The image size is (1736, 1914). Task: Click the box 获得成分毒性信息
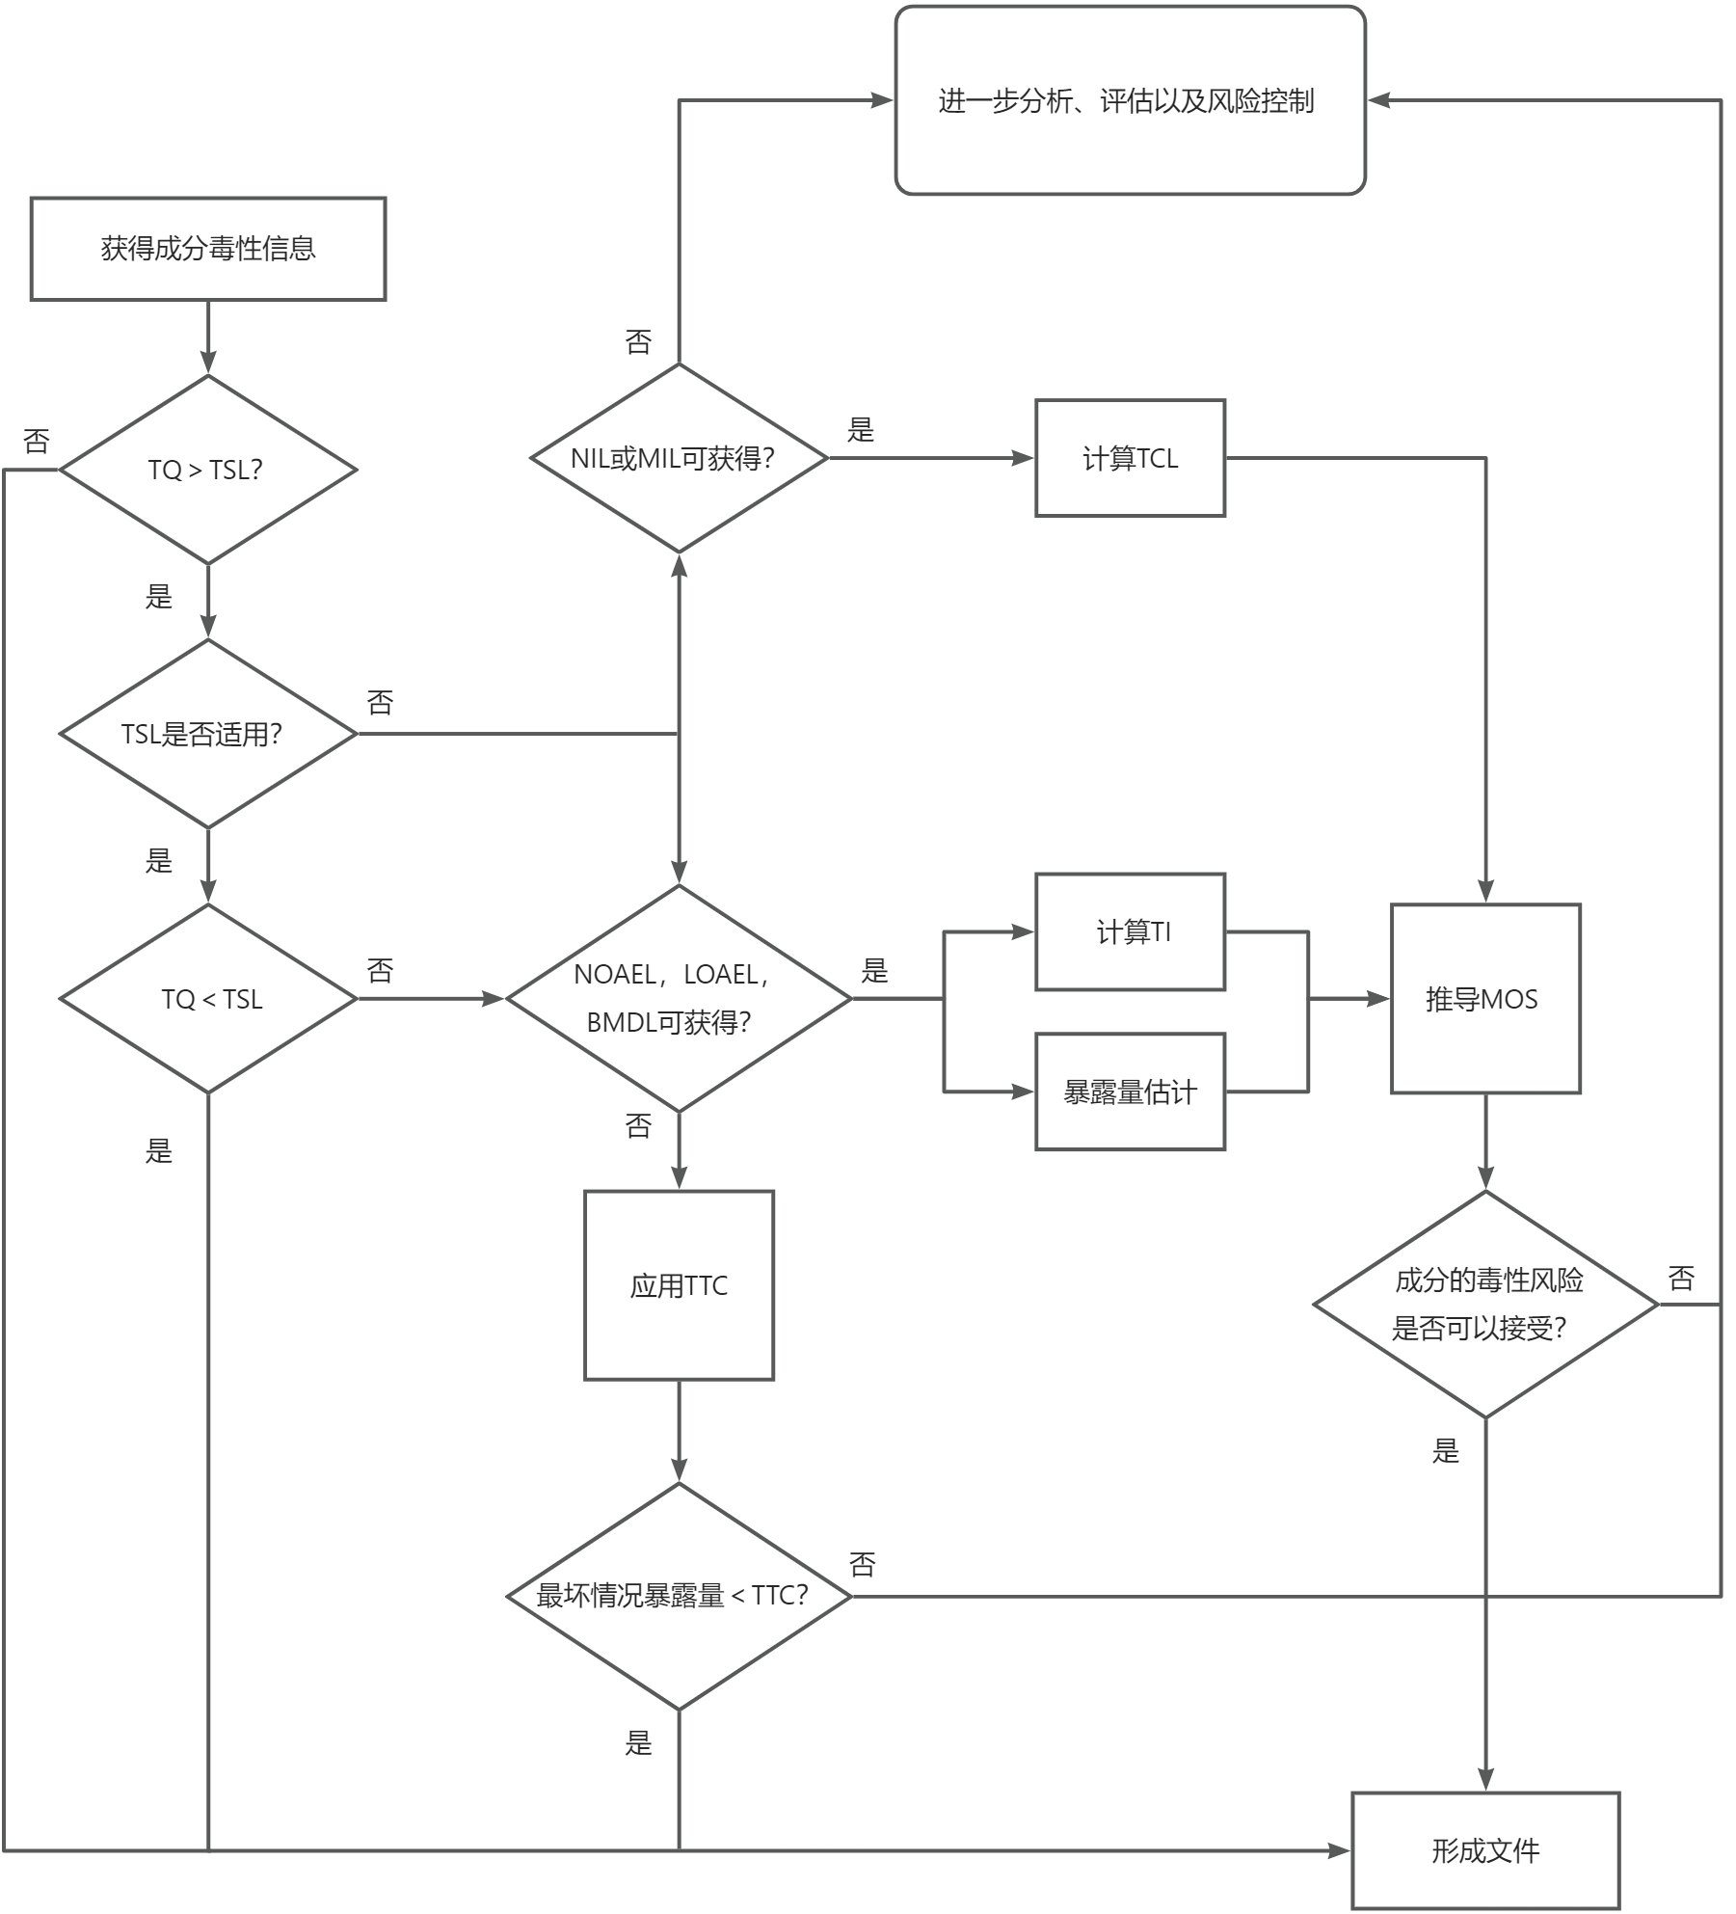click(208, 249)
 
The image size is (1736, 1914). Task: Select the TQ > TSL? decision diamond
click(208, 470)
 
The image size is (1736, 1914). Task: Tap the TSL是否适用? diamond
click(208, 734)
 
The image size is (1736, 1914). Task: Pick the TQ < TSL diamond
click(208, 999)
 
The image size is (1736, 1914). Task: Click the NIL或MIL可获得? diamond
click(679, 458)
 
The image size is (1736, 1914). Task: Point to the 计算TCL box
click(1130, 458)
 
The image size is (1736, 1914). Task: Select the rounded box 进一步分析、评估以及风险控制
click(1130, 100)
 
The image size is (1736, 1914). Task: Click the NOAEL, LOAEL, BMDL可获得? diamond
click(679, 999)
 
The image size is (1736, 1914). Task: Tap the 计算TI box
click(1130, 931)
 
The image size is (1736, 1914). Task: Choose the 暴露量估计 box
click(1130, 1092)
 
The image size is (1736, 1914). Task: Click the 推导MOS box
click(1484, 999)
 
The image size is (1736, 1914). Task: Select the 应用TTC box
click(679, 1285)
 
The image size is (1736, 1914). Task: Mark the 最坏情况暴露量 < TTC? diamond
click(679, 1596)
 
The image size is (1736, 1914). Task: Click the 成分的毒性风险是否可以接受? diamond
click(1484, 1305)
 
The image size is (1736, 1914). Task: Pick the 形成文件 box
click(1484, 1850)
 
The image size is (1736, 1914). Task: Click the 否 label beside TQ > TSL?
click(37, 442)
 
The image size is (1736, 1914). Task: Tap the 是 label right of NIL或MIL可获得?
click(860, 430)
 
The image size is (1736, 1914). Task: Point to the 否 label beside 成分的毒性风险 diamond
click(1681, 1279)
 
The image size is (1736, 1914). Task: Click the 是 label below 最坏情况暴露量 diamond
click(638, 1742)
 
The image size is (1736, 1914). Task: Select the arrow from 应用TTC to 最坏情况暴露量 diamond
click(679, 1431)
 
